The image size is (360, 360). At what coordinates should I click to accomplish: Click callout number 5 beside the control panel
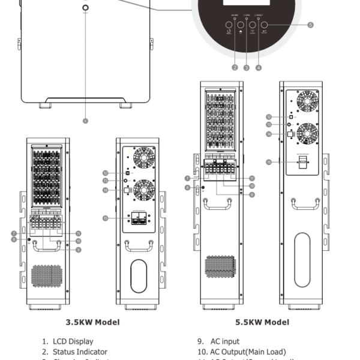310,25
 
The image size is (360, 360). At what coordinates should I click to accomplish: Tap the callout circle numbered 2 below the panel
235,68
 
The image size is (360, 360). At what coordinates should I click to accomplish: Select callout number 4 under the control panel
259,68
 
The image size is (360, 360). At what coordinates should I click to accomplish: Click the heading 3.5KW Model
92,322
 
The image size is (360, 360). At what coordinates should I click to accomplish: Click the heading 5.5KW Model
262,322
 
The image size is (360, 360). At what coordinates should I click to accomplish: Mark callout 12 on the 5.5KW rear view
269,116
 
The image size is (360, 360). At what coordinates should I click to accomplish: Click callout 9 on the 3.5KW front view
79,249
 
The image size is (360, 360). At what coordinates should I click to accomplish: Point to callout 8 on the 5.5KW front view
188,188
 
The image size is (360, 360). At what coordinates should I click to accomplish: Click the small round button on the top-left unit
85,8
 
